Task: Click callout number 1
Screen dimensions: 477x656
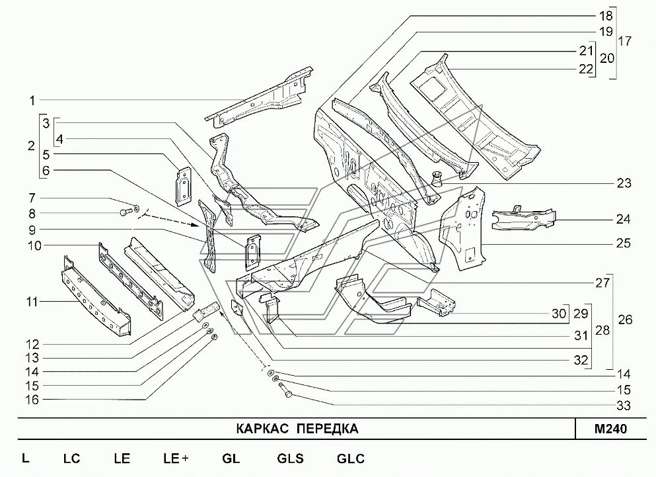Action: (31, 101)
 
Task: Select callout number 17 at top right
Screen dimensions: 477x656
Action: (624, 41)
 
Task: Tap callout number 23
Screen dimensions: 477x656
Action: (624, 183)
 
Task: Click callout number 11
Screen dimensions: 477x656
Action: (31, 302)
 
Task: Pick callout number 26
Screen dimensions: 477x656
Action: (624, 320)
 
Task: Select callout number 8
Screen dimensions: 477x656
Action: (31, 213)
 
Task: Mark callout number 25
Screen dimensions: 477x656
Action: (624, 243)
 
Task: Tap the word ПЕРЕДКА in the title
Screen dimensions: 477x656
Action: (327, 429)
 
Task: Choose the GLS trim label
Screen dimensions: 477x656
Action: (291, 458)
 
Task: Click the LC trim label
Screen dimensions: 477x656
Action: (71, 458)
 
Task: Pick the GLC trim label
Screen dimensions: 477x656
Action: (350, 458)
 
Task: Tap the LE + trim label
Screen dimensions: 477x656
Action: (176, 458)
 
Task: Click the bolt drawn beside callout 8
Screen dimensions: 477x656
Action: (125, 212)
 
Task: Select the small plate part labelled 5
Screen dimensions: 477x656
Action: (183, 182)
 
